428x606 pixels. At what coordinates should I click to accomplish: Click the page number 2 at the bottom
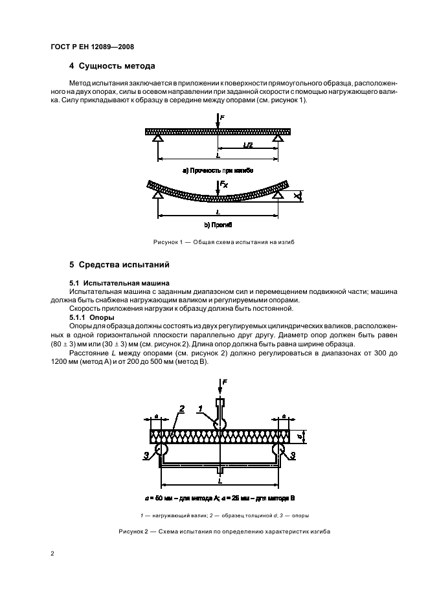[52, 554]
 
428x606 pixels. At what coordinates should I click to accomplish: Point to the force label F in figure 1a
[223, 117]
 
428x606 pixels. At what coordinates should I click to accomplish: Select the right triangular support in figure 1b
[278, 194]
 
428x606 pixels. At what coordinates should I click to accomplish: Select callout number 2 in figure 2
[182, 409]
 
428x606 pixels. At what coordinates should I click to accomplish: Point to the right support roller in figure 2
[280, 449]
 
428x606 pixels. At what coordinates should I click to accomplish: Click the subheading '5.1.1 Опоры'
[92, 318]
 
